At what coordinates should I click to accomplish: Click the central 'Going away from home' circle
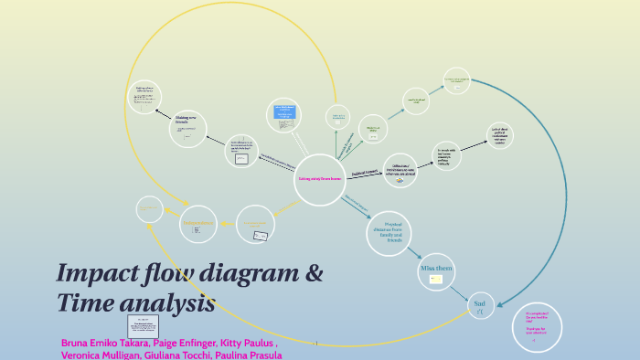(x=319, y=179)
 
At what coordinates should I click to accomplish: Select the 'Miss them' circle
(x=436, y=271)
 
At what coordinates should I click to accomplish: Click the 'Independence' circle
(x=199, y=225)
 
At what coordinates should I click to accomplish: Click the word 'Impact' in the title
(x=101, y=273)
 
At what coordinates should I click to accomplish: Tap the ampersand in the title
(x=314, y=273)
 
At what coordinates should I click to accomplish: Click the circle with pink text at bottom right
(x=537, y=327)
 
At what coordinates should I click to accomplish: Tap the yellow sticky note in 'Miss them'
(x=436, y=279)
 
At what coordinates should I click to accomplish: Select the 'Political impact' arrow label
(x=365, y=171)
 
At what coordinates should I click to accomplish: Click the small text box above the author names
(x=143, y=326)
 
